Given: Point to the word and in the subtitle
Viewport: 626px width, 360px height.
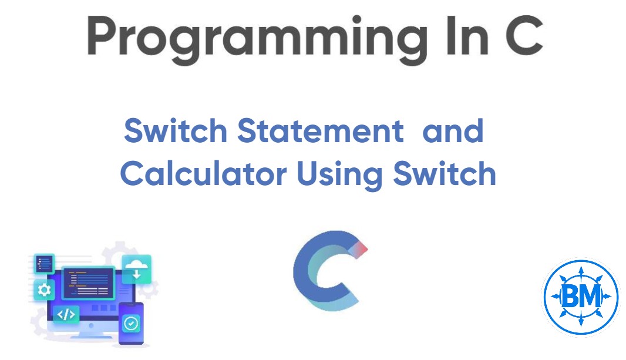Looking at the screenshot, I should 453,131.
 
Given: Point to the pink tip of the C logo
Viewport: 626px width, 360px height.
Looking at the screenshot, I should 360,249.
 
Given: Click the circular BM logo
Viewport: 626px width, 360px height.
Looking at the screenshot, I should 580,297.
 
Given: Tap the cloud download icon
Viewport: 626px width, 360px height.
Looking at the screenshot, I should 136,269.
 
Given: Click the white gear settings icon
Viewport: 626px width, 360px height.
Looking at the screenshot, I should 44,290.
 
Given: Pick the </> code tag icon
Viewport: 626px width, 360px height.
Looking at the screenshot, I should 66,315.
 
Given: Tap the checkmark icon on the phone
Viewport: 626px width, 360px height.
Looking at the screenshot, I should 131,322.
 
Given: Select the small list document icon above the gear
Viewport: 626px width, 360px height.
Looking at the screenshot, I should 44,264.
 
